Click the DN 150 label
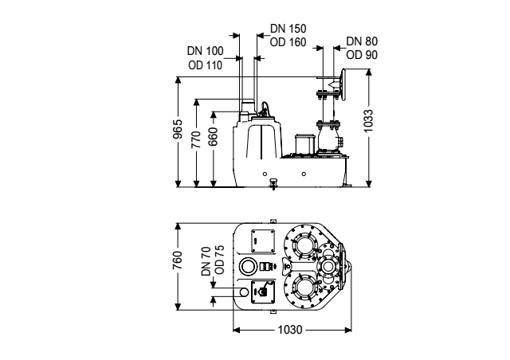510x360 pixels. point(288,29)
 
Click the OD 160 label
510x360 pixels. point(288,42)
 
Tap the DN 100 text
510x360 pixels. point(206,51)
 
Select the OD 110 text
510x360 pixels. point(206,65)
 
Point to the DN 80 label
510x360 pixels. point(362,41)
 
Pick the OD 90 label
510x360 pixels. point(362,55)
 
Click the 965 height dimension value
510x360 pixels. point(178,130)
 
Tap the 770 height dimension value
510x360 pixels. point(196,139)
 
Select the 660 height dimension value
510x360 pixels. point(214,136)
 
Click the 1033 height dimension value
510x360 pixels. point(368,120)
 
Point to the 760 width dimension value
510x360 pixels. point(178,260)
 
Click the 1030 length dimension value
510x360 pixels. point(290,330)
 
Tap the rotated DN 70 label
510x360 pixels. point(206,261)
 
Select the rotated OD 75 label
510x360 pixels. point(220,260)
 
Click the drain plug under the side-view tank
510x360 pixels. point(273,184)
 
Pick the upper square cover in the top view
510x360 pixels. point(263,241)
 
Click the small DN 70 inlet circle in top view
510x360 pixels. point(244,292)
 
